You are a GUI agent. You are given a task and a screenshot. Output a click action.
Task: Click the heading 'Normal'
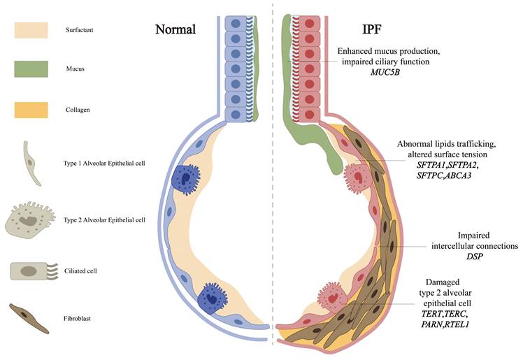point(175,30)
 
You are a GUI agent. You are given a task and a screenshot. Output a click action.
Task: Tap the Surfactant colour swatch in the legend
point(31,30)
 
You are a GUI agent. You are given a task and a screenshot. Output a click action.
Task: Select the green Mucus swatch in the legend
point(31,69)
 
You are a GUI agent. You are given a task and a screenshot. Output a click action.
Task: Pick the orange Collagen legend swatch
point(31,110)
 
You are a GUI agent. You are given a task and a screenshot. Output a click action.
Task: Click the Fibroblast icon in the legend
point(29,317)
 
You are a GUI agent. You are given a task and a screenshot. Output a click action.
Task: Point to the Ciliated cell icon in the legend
point(31,271)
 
